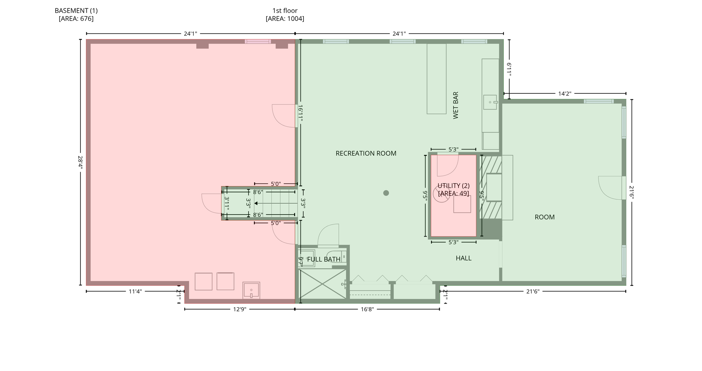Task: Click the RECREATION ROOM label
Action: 366,153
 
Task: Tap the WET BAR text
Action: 456,105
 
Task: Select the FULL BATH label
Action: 324,259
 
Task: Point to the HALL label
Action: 463,258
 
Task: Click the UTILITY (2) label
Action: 453,186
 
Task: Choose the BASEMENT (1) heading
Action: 76,11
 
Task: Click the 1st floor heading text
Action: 285,11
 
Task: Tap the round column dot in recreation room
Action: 386,193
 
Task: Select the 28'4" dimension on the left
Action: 80,162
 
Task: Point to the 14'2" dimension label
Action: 565,93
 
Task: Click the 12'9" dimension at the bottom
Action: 239,309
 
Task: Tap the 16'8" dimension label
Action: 367,309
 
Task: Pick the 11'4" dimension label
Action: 135,291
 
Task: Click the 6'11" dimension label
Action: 509,69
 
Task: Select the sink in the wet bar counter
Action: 490,102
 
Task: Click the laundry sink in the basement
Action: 251,290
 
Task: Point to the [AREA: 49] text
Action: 453,193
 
